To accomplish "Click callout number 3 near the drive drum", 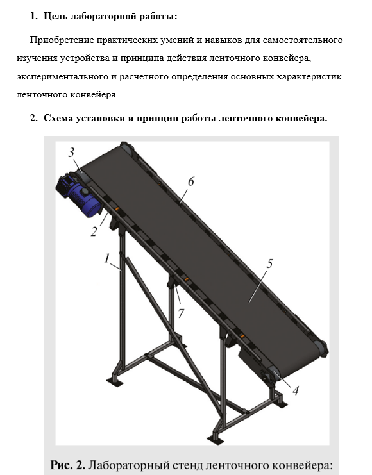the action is coord(71,153).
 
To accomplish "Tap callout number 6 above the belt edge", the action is coord(190,181).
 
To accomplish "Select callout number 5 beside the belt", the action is coord(269,263).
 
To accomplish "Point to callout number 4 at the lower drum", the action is coord(296,391).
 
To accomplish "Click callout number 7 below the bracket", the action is coord(181,313).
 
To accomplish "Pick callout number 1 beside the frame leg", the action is coord(106,258).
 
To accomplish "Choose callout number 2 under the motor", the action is coord(94,232).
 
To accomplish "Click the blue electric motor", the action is coord(80,194).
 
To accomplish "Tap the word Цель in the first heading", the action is coord(56,17).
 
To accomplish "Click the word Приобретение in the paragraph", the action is coord(62,40).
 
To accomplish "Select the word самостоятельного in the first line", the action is coord(303,40).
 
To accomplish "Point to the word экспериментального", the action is coord(62,77).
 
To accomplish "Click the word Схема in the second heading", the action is coord(58,118).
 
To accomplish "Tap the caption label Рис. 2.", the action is coord(67,465).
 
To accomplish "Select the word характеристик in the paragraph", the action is coord(309,77).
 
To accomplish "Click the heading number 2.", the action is coord(33,118).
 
